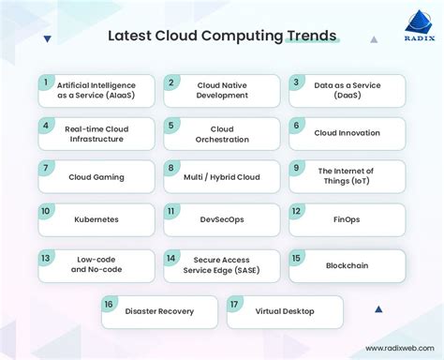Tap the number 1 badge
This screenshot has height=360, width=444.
(44, 82)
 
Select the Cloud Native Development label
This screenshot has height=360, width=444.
(222, 90)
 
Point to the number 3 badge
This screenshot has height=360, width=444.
(295, 82)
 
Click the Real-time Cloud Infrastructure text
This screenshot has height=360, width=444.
(97, 134)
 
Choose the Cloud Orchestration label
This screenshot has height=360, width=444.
(222, 134)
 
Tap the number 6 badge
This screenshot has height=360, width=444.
(295, 126)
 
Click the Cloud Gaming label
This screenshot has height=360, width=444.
(96, 176)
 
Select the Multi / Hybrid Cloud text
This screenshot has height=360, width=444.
(222, 176)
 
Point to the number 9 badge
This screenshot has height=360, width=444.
(295, 169)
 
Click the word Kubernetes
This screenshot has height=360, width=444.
(96, 219)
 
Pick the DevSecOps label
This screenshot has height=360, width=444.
(222, 219)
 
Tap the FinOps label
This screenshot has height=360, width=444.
(347, 219)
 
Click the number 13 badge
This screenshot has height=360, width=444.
(44, 258)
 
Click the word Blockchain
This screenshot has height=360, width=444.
(347, 265)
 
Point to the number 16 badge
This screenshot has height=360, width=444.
(108, 304)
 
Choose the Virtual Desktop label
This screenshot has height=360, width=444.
(284, 310)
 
